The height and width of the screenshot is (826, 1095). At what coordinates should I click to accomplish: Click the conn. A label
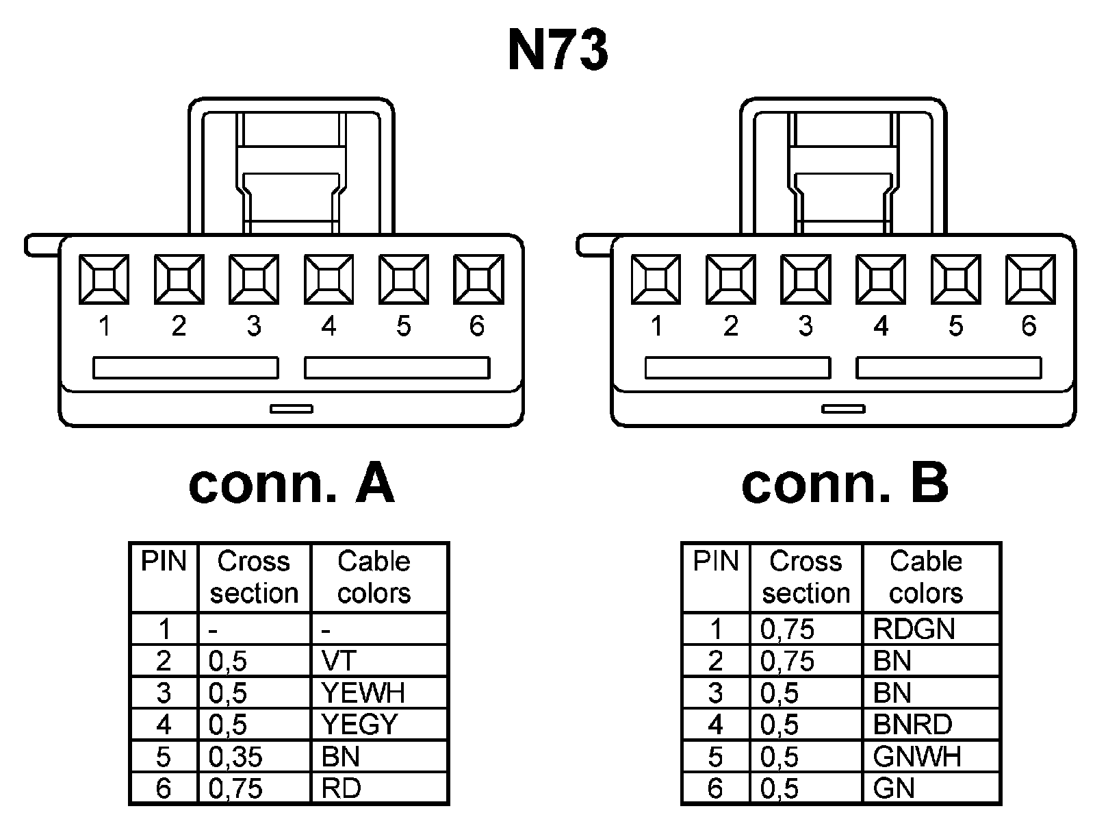coord(292,484)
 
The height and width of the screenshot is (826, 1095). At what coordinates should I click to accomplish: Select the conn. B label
coord(845,484)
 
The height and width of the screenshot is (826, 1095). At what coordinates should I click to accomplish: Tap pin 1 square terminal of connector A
coord(104,279)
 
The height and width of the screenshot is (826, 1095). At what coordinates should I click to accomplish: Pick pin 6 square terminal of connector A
coord(478,279)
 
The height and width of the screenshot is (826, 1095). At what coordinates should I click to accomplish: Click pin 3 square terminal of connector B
coord(806,279)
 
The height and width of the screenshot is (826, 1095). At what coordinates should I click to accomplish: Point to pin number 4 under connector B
coord(881,326)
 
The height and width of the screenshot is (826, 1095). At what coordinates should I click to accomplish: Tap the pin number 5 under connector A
coord(403,326)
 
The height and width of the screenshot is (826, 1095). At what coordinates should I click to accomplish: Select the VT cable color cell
coord(378,661)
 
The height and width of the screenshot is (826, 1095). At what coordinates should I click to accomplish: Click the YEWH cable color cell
coord(378,693)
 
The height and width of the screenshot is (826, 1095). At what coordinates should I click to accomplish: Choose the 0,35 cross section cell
coord(254,757)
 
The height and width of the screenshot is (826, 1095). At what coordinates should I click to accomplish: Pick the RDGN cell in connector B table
coord(931,629)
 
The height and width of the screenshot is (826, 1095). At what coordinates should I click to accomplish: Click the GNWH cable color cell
coord(931,757)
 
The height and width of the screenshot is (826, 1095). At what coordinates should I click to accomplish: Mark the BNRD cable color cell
coord(931,725)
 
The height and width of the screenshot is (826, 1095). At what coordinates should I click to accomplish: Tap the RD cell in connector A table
coord(378,788)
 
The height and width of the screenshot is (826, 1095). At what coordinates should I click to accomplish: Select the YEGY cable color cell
coord(378,725)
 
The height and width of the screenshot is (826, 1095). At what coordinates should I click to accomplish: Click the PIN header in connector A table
coord(164,562)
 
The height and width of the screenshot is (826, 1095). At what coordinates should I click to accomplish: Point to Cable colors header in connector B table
coord(925,577)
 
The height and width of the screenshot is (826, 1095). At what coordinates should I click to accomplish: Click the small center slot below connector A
coord(292,409)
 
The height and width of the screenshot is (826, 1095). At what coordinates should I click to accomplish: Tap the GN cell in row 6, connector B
coord(931,788)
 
